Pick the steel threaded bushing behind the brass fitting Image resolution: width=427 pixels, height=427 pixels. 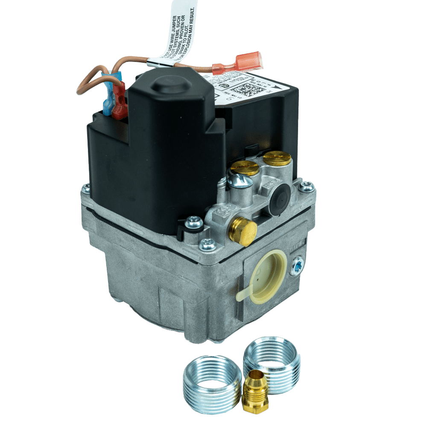coord(272,356)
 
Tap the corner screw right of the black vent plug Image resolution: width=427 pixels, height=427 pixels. coord(306,186)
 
